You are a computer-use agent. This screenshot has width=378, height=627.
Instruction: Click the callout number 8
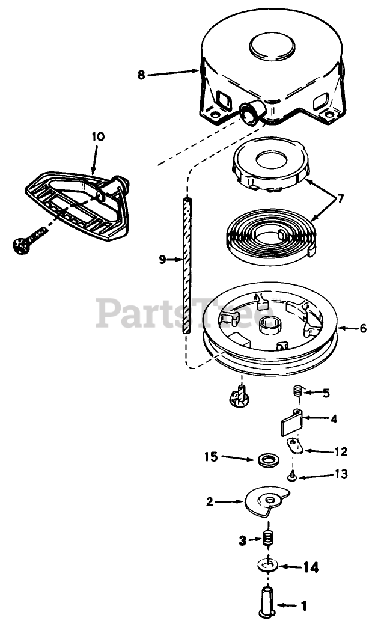click(141, 75)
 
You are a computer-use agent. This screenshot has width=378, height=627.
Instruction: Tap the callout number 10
click(98, 137)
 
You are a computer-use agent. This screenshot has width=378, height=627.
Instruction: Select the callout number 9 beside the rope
click(162, 260)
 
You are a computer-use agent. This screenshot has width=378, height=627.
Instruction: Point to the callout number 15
click(210, 457)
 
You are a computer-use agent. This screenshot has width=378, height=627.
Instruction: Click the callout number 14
click(310, 566)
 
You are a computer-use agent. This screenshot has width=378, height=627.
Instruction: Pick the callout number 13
click(324, 474)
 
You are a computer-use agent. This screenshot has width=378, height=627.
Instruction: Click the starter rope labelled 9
click(186, 265)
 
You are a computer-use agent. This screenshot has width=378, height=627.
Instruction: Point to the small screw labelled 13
click(291, 476)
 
